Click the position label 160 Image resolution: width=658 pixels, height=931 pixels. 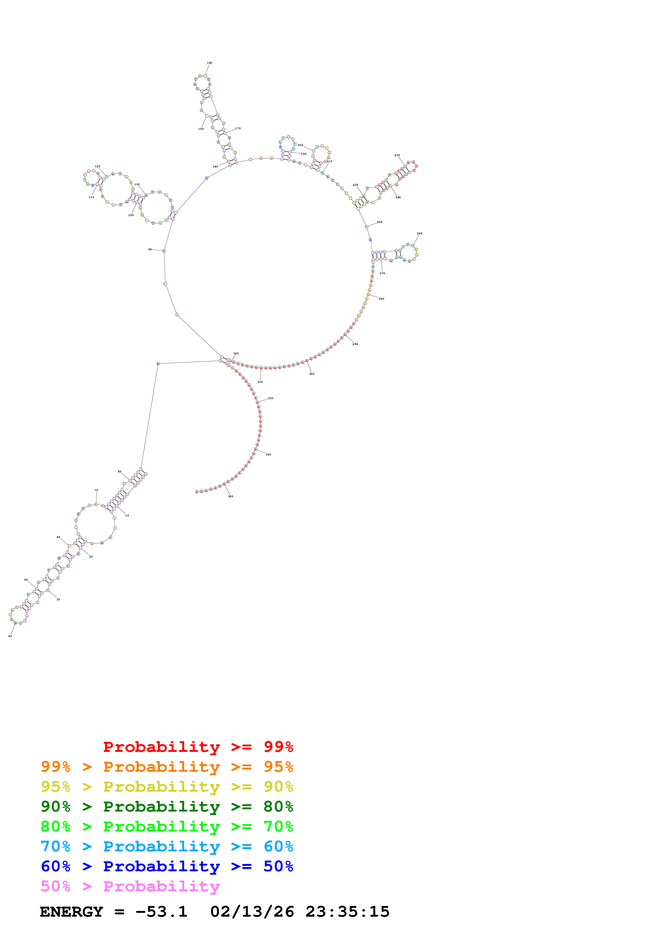point(210,63)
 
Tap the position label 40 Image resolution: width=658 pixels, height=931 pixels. point(10,636)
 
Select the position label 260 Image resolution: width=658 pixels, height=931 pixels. point(420,234)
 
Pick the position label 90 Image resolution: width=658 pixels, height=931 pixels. point(150,249)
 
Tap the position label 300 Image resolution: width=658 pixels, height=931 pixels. point(312,374)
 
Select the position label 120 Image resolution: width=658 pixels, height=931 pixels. point(97,166)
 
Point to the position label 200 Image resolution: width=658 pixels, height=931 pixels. point(300,145)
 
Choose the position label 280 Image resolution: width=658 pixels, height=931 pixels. point(381,299)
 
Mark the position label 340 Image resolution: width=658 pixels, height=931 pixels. point(268,455)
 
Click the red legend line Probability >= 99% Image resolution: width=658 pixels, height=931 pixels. point(198,747)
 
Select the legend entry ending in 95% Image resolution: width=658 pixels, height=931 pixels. point(167,767)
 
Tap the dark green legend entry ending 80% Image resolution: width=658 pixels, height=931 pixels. point(167,807)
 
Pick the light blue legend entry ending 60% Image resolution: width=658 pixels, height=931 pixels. point(167,846)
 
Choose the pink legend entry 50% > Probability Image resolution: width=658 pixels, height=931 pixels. point(130,886)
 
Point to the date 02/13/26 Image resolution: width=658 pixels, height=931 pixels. point(252,912)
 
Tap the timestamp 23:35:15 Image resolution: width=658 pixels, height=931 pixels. point(347,912)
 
